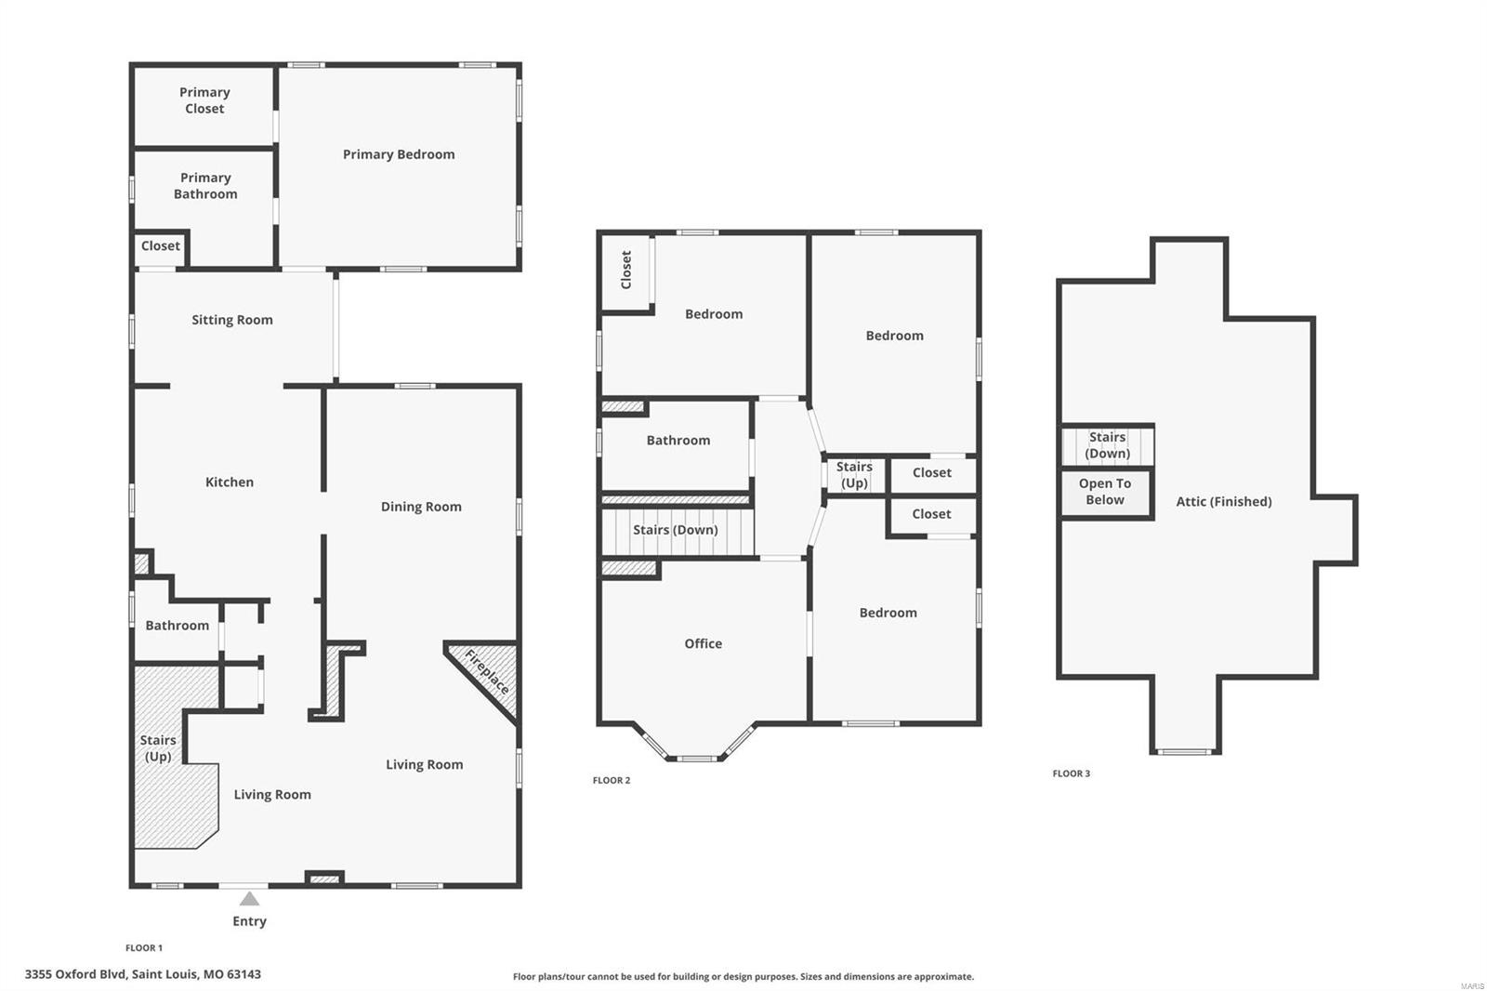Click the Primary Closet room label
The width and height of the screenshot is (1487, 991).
point(204,100)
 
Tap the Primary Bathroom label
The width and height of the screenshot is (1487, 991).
point(205,186)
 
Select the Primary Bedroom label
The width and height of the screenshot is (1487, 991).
point(399,154)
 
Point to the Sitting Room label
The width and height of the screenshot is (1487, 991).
point(232,320)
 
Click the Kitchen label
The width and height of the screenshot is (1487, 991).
point(230,482)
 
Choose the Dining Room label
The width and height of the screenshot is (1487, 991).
point(421,507)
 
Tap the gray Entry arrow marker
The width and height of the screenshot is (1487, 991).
point(249,899)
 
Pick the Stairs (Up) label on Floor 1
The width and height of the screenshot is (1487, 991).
point(158,748)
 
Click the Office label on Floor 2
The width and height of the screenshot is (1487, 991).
point(703,643)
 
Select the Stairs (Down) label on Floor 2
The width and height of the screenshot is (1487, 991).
point(676,530)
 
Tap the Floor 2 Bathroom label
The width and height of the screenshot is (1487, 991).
point(678,441)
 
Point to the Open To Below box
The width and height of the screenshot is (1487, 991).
point(1106,493)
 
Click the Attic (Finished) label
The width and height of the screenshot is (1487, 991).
point(1224,502)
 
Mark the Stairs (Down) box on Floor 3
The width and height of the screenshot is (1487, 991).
point(1108,445)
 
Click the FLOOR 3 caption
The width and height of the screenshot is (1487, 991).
point(1072,773)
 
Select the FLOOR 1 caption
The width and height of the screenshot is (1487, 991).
point(144,948)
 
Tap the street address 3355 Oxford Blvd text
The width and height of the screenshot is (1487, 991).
point(143,974)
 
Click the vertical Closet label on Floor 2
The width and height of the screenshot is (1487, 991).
point(626,270)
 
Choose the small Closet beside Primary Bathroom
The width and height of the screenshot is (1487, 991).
point(161,246)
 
